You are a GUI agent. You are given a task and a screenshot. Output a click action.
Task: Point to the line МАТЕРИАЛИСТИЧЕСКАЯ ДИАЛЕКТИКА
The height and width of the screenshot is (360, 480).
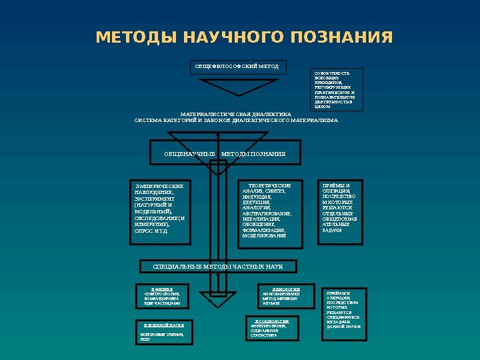(236, 114)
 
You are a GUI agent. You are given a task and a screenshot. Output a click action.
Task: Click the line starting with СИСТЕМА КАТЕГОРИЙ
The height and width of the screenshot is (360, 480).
(236, 121)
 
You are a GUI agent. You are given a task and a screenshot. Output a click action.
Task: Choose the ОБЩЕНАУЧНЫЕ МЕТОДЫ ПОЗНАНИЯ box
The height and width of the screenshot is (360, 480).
(225, 154)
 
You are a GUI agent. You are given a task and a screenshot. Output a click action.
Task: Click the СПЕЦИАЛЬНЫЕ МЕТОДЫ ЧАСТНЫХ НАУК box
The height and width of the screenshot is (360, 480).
(218, 267)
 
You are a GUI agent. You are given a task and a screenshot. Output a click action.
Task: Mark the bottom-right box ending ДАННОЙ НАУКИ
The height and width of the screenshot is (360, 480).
(343, 310)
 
